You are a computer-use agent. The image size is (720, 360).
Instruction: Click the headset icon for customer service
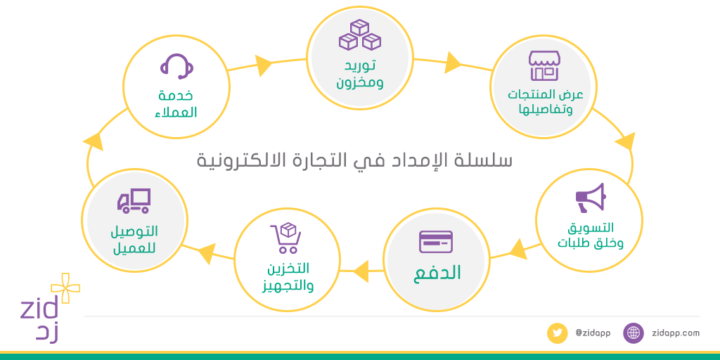point(176,67)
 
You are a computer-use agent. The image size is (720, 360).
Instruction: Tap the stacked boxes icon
point(359,35)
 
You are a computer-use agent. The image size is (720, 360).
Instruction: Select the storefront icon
point(544,66)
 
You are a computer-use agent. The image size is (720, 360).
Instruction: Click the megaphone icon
point(589,198)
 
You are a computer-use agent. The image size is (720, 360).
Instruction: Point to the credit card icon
point(436,242)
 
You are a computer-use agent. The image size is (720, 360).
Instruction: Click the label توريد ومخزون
point(359,75)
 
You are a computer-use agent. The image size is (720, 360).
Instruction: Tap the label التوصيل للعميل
point(134,240)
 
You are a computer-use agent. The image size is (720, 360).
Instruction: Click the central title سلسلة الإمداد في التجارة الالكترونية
point(354,160)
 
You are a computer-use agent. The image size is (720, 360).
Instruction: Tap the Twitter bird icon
point(557,333)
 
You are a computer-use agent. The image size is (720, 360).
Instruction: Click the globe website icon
point(634,333)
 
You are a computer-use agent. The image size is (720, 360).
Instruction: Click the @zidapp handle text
point(592,333)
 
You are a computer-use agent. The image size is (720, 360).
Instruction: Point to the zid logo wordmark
point(41,308)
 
